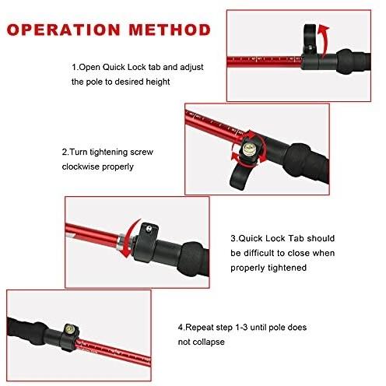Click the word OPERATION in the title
click(x=63, y=30)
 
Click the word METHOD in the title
click(x=170, y=30)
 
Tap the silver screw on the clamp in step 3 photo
click(x=149, y=228)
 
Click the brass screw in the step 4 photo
click(x=69, y=329)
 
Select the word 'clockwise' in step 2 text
click(x=80, y=167)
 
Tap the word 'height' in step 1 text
click(x=158, y=82)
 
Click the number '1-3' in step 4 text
click(x=241, y=328)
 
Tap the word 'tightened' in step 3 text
click(x=287, y=268)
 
